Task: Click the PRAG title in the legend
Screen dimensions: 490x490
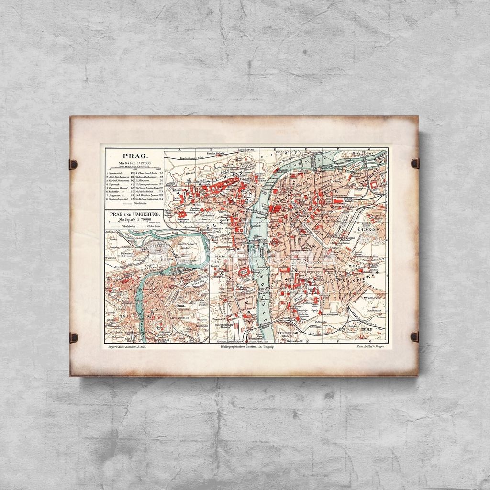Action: pos(134,156)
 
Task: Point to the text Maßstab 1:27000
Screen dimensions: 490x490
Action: pos(134,163)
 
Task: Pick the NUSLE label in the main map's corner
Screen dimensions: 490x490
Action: pos(366,330)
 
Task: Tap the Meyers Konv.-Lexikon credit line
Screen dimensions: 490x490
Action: pos(125,346)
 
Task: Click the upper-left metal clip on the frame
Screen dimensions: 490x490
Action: pos(73,165)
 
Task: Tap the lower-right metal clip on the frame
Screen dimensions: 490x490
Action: pos(414,336)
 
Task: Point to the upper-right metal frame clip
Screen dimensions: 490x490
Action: pos(414,163)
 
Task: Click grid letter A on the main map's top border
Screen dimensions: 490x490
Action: pos(180,149)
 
